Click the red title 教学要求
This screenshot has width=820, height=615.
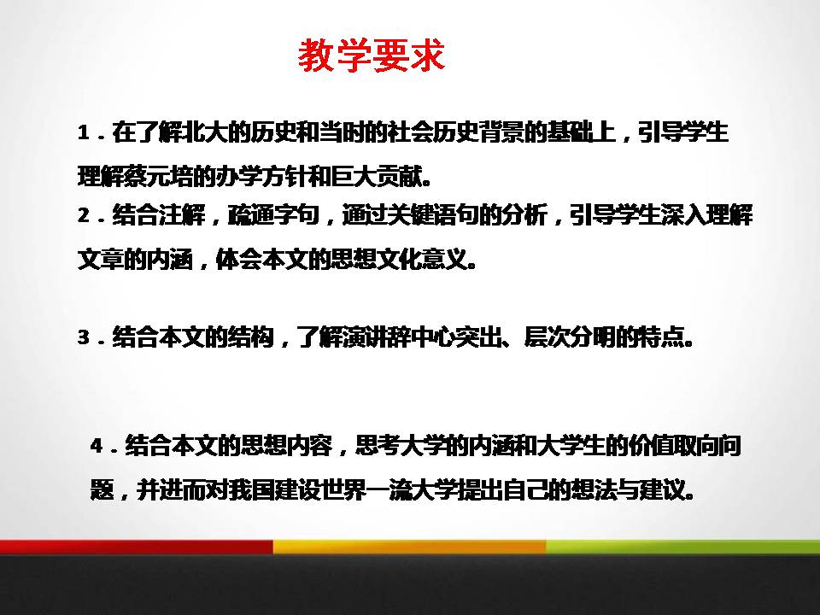[x=372, y=56]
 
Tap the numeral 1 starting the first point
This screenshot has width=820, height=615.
[x=83, y=133]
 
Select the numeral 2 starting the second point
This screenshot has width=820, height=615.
[x=83, y=216]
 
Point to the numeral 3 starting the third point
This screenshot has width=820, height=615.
[x=83, y=338]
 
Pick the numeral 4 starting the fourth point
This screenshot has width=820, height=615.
[x=96, y=447]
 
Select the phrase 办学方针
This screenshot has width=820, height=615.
[x=247, y=178]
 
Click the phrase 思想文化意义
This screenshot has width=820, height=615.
[x=406, y=259]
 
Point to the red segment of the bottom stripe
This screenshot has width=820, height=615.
[x=137, y=547]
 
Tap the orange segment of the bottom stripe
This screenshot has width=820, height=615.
[x=410, y=547]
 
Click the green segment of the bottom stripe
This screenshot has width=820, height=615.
[x=683, y=547]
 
